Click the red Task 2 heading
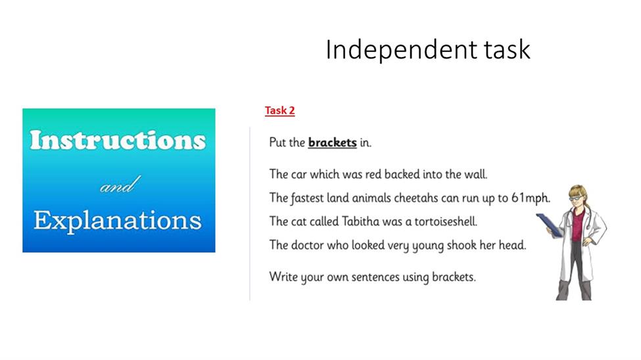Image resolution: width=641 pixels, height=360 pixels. pyautogui.click(x=279, y=110)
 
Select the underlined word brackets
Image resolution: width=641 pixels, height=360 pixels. pyautogui.click(x=333, y=142)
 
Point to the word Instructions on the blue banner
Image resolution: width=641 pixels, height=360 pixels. pyautogui.click(x=118, y=140)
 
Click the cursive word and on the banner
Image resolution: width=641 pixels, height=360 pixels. pyautogui.click(x=120, y=185)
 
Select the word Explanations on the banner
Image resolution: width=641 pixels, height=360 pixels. pyautogui.click(x=118, y=221)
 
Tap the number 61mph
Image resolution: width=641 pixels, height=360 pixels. pyautogui.click(x=531, y=198)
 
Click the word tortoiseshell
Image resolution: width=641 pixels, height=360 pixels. pyautogui.click(x=446, y=221)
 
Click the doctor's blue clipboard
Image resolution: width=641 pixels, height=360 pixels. pyautogui.click(x=549, y=224)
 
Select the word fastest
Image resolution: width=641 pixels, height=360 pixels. pyautogui.click(x=307, y=198)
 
